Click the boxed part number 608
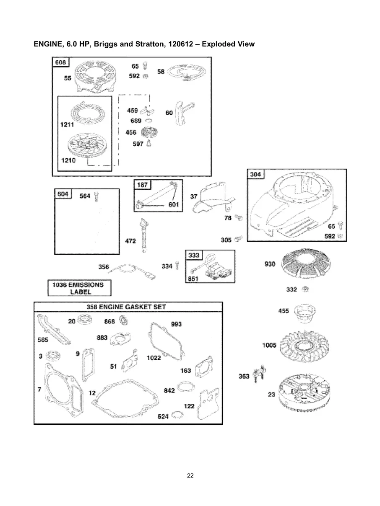point(61,62)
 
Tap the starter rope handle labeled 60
point(182,112)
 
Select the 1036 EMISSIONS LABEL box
point(80,288)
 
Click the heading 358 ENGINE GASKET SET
point(126,307)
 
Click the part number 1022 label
point(154,357)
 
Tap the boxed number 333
point(194,255)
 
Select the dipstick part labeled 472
point(145,235)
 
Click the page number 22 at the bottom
point(190,475)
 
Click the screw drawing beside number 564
point(97,196)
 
